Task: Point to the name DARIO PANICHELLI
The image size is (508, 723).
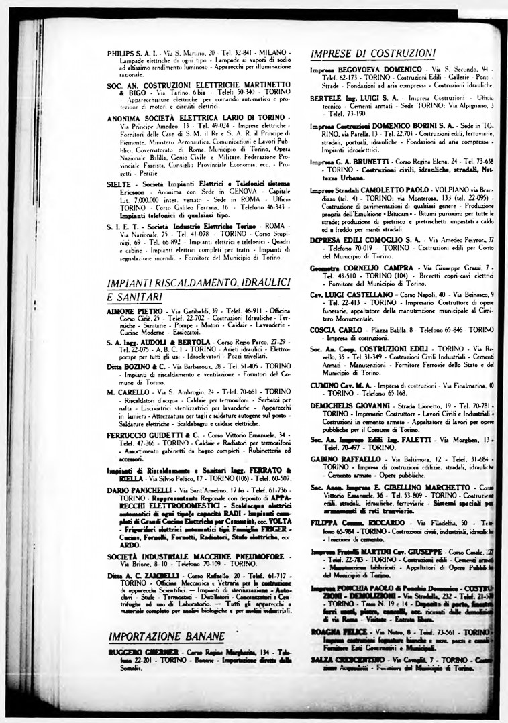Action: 138,491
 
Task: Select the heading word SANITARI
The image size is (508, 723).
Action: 132,296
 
